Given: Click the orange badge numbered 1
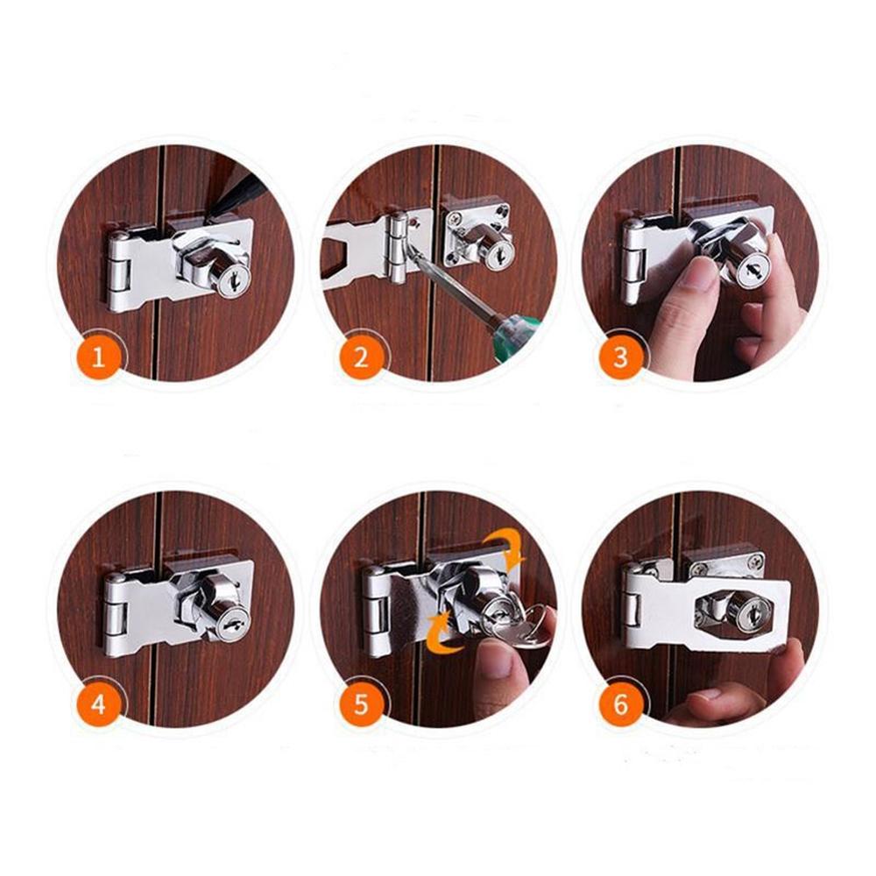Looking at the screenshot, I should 99,357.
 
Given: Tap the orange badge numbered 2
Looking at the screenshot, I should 361,357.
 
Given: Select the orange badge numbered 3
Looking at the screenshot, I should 621,357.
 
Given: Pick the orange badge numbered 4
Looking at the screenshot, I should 99,704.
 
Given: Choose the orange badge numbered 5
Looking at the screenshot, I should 361,704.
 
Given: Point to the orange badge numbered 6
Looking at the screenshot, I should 621,704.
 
